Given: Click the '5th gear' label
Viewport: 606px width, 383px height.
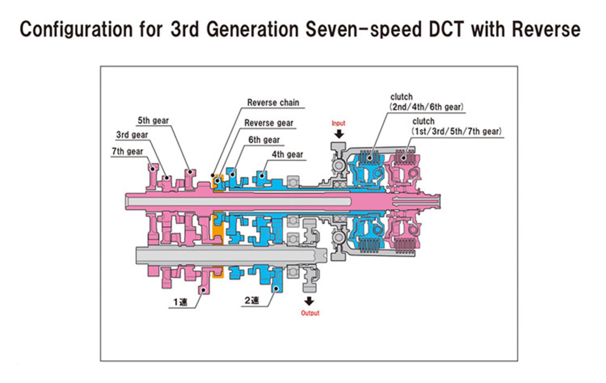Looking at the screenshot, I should point(153,121).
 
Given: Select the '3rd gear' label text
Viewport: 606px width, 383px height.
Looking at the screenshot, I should point(132,135).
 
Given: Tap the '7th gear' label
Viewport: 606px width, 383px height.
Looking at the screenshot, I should point(127,152).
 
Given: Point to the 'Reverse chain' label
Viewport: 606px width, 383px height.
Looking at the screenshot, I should point(273,103).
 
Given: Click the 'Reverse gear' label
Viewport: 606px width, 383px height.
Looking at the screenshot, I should point(269,123).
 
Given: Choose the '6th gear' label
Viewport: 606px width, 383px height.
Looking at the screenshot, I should point(264,140).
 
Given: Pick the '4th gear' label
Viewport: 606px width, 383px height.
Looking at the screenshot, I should point(287,154).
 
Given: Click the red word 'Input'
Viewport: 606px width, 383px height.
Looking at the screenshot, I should point(338,123).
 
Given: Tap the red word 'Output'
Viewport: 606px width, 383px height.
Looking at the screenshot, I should point(310,313).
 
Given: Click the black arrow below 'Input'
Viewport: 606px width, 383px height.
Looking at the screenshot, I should point(339,134).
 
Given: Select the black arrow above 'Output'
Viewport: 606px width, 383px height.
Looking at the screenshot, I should point(309,301).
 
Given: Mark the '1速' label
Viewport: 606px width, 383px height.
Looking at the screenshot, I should point(180,302).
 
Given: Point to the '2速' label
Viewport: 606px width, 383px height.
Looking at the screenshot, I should point(252,300).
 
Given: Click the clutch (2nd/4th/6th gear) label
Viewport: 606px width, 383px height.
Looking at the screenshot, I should point(426,102).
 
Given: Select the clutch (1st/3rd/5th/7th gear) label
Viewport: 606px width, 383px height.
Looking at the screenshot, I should point(456,126).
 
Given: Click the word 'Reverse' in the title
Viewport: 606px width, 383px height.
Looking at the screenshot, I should point(546,29).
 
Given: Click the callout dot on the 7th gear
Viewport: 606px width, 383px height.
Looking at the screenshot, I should point(152,169).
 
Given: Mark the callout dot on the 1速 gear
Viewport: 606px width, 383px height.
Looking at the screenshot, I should point(204,290).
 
